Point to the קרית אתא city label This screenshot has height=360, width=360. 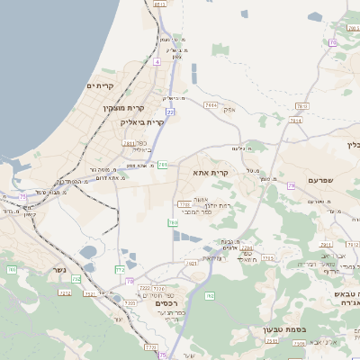(212, 172)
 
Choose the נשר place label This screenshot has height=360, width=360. (62, 292)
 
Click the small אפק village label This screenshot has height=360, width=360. (229, 110)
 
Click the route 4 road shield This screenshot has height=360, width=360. (156, 62)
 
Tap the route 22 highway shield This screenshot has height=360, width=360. (169, 112)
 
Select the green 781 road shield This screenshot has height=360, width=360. (163, 165)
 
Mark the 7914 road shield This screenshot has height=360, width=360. (211, 105)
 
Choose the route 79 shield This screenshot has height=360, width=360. (292, 185)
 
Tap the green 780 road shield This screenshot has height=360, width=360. (172, 222)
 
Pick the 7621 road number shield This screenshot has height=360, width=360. (191, 264)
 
